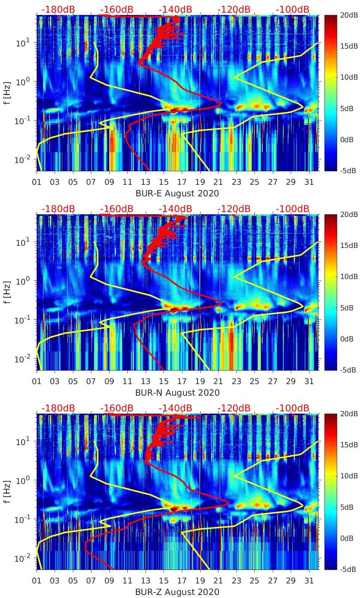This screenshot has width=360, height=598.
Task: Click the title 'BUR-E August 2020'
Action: point(177,193)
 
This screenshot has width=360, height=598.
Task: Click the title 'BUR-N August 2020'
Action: point(177,393)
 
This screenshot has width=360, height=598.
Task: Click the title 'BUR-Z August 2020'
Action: point(177,592)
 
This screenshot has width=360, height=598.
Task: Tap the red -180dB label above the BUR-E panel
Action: point(58,9)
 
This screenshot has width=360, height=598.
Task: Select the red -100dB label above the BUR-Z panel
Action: point(293,408)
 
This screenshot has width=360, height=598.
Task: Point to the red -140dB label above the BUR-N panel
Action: point(175,209)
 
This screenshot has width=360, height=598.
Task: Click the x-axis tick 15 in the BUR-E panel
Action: point(164,182)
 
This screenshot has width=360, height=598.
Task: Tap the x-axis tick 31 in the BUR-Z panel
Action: point(309,581)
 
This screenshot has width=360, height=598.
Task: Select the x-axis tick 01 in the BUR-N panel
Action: point(37,381)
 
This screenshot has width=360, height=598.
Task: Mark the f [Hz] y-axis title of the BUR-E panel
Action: point(8,93)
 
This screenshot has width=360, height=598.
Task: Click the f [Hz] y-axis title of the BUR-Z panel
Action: point(8,491)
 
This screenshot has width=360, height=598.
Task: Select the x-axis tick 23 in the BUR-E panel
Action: point(236,182)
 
